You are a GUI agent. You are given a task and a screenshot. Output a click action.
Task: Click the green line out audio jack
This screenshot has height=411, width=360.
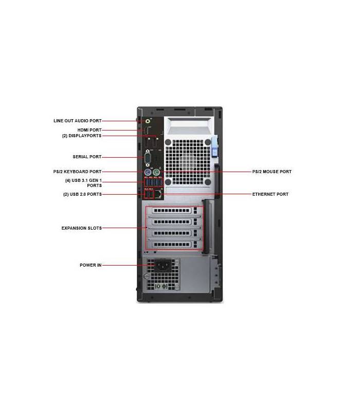[x=148, y=121]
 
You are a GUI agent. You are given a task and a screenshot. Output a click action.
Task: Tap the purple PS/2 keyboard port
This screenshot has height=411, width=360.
[x=148, y=173]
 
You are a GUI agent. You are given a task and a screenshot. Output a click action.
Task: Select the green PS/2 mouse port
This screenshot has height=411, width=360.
[x=156, y=173]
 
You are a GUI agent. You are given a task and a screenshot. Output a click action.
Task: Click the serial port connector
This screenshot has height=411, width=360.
[x=148, y=158]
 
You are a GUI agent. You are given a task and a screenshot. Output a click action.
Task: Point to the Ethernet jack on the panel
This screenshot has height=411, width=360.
[x=158, y=194]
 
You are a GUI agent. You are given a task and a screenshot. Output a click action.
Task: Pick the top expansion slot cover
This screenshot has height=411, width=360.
[x=174, y=211]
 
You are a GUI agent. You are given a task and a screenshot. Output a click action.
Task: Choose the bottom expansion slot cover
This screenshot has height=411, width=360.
[x=174, y=245]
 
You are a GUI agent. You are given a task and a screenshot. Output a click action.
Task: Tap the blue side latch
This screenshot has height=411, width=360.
[x=215, y=147]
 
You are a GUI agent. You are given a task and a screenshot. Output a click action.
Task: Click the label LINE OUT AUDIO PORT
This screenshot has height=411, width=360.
[x=78, y=121]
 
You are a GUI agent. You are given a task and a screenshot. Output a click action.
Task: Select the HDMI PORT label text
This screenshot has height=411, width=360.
[x=89, y=130]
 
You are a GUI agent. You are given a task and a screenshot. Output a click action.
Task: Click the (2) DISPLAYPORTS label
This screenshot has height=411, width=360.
[x=82, y=136]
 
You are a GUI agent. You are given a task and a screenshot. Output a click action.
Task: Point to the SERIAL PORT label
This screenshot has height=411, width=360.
[x=87, y=157]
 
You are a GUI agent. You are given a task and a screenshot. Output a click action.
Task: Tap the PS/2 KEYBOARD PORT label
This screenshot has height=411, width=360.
[x=78, y=172]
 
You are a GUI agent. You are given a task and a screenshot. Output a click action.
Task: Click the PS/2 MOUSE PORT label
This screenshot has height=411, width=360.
[x=272, y=172]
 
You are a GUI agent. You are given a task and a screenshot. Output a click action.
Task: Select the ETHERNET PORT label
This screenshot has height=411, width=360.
[x=271, y=194]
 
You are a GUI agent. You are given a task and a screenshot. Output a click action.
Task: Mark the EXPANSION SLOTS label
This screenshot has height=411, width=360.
[x=82, y=228]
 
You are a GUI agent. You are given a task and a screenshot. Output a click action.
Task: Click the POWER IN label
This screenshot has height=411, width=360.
[x=91, y=265]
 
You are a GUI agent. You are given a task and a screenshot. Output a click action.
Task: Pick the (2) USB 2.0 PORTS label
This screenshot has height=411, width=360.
[x=82, y=194]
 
